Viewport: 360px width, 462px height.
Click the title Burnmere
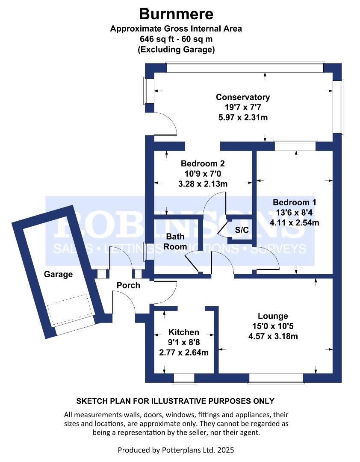pyautogui.click(x=176, y=14)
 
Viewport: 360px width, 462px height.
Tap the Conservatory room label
pyautogui.click(x=243, y=97)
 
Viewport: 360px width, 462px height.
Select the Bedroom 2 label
pyautogui.click(x=203, y=163)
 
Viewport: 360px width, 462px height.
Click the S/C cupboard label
pyautogui.click(x=242, y=230)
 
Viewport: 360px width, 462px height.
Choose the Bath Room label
pyautogui.click(x=175, y=241)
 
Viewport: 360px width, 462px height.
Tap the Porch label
pyautogui.click(x=128, y=285)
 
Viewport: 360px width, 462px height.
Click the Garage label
pyautogui.click(x=58, y=274)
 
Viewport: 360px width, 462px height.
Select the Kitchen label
pyautogui.click(x=184, y=332)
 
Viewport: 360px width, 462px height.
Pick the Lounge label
pyautogui.click(x=273, y=316)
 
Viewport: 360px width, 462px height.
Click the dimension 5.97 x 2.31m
pyautogui.click(x=243, y=118)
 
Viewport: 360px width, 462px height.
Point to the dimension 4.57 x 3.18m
pyautogui.click(x=273, y=336)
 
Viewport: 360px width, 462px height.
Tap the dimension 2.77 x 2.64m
pyautogui.click(x=184, y=352)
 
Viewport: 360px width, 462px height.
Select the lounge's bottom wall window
pyautogui.click(x=276, y=378)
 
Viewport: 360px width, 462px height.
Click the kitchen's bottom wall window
pyautogui.click(x=184, y=378)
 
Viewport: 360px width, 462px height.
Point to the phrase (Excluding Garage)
pyautogui.click(x=176, y=50)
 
